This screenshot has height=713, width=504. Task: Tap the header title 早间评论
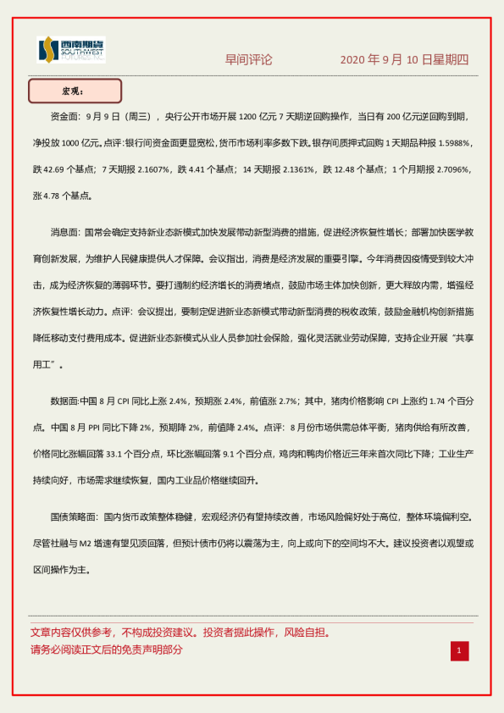248,60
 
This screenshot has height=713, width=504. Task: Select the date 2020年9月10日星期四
404,60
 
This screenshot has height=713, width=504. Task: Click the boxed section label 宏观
75,91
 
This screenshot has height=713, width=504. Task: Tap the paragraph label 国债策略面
74,516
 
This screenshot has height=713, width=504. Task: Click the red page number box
458,650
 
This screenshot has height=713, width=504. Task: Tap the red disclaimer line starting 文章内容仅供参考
180,632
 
